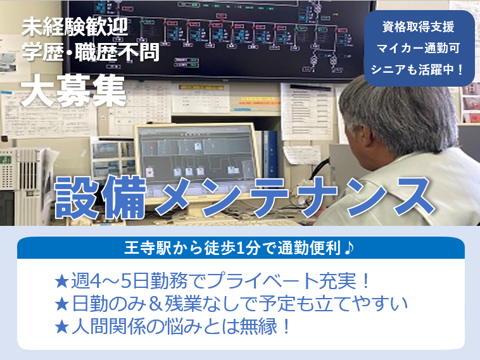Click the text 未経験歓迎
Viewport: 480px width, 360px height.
75,27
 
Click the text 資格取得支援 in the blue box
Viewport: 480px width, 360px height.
419,28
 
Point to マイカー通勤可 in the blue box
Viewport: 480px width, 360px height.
419,49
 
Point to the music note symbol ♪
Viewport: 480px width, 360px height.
349,247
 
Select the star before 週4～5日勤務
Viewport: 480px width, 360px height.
61,280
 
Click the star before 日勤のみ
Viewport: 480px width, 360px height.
61,304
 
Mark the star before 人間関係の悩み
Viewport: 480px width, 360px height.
61,328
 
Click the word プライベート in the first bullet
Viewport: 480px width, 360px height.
267,280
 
